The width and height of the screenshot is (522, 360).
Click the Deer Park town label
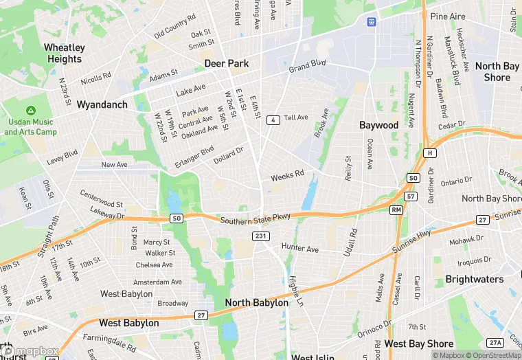tap(226, 64)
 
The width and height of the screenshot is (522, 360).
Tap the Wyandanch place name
tap(102, 105)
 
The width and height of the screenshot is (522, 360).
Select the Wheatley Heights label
tap(65, 54)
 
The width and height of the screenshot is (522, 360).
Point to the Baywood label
tap(378, 125)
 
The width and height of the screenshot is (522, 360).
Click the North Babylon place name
tap(257, 303)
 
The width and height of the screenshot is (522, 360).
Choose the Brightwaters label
tap(475, 280)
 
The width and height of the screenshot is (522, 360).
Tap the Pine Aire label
tap(448, 16)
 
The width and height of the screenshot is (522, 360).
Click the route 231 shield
tap(260, 236)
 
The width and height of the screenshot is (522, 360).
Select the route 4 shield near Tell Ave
tap(273, 120)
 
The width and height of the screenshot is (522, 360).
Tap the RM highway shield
tap(396, 209)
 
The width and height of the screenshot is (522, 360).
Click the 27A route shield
tap(495, 343)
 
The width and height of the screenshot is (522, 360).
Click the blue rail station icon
tap(372, 21)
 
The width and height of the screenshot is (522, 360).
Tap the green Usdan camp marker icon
tap(31, 111)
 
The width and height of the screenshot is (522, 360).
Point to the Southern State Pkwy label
tap(256, 219)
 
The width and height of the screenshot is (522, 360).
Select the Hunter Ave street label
tap(300, 248)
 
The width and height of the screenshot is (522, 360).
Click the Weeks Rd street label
tap(287, 176)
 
